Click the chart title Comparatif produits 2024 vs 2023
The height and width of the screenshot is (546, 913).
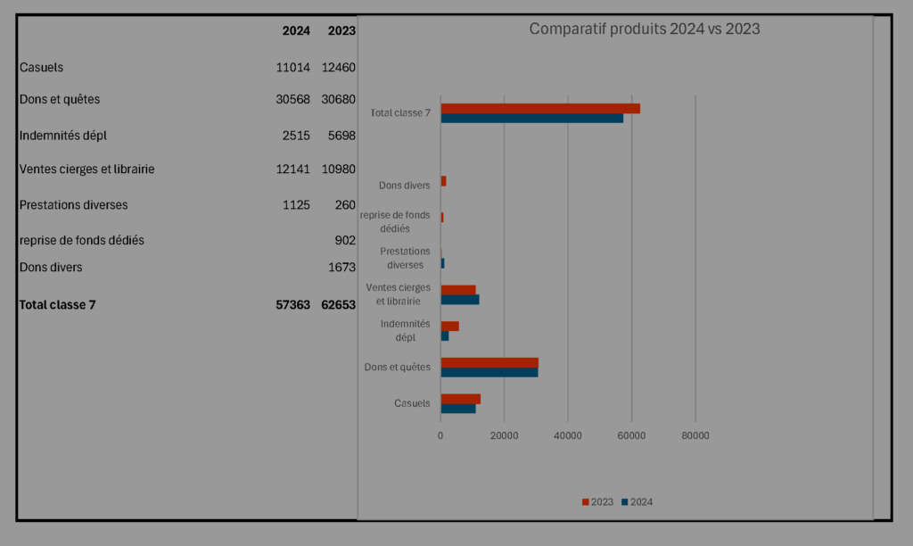(644, 29)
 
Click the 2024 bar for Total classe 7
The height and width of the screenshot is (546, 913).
(531, 118)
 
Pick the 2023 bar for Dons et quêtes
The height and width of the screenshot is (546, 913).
(489, 362)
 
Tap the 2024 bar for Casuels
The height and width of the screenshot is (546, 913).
(457, 409)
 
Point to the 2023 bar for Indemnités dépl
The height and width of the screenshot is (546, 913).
(449, 326)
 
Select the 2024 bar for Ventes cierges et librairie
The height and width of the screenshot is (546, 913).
(459, 300)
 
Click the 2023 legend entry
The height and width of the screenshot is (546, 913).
(597, 502)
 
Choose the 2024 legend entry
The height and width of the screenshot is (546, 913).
(637, 502)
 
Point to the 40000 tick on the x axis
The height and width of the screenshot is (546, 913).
(568, 435)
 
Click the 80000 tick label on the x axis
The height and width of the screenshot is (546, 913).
(695, 435)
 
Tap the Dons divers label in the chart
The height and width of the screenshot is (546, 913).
(404, 186)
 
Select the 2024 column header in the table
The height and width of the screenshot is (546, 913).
(296, 30)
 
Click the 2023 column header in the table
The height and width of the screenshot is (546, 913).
(341, 30)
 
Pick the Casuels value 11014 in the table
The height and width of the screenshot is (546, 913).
(292, 67)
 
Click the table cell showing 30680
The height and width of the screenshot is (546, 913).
(338, 99)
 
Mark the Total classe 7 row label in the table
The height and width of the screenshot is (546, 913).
(57, 304)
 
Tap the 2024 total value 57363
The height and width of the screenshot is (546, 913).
(292, 304)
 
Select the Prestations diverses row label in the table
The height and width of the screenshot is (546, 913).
(73, 204)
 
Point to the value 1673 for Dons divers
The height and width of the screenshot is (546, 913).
(341, 267)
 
